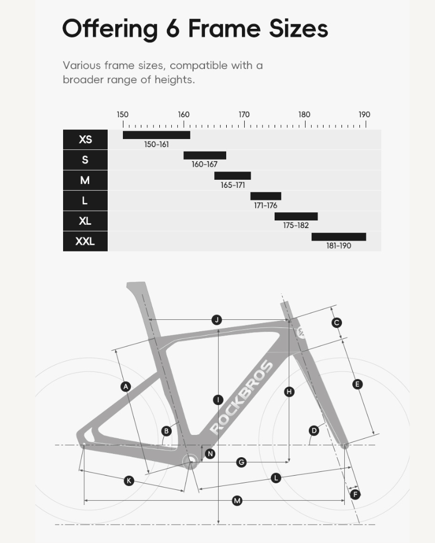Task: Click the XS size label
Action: click(85, 140)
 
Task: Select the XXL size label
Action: click(85, 241)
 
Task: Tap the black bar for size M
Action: click(232, 176)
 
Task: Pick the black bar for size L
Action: click(265, 196)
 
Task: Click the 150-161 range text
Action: click(157, 144)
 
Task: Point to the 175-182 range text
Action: click(296, 225)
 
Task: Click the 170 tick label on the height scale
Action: click(244, 115)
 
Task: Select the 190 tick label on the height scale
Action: click(364, 115)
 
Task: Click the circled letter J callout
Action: click(217, 320)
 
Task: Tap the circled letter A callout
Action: click(126, 387)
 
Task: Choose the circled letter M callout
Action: click(237, 501)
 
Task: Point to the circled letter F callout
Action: click(356, 495)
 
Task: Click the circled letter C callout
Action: click(337, 323)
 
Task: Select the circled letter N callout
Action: click(210, 453)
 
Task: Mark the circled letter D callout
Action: click(314, 431)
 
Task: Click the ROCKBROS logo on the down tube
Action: click(240, 397)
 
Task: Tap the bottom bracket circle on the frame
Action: click(190, 462)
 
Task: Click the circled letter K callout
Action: click(129, 481)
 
